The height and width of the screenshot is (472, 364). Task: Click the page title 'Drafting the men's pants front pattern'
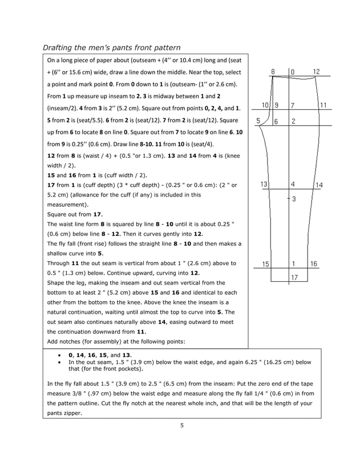[x=112, y=47]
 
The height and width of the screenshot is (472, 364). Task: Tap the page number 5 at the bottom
[x=181, y=425]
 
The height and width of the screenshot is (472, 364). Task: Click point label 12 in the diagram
[x=317, y=72]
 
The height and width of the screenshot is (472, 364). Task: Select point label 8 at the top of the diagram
[x=273, y=72]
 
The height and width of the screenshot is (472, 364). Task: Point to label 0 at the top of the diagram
[x=293, y=72]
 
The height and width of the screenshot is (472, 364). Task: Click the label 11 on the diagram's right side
[x=323, y=105]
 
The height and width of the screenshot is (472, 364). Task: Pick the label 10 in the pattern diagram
[x=265, y=105]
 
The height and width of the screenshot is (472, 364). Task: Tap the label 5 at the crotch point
[x=258, y=121]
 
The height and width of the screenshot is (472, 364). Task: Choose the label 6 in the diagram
[x=276, y=121]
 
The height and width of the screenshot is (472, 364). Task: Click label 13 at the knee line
[x=264, y=184]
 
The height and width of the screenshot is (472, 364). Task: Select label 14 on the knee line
[x=319, y=185]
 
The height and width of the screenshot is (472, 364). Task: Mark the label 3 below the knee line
[x=293, y=199]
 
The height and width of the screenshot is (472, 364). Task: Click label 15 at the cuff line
[x=266, y=263]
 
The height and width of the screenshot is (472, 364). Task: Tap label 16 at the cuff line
[x=314, y=263]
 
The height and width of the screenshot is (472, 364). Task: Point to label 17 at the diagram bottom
[x=294, y=277]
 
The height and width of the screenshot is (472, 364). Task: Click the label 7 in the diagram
[x=293, y=105]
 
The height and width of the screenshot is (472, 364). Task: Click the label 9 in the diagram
[x=277, y=105]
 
